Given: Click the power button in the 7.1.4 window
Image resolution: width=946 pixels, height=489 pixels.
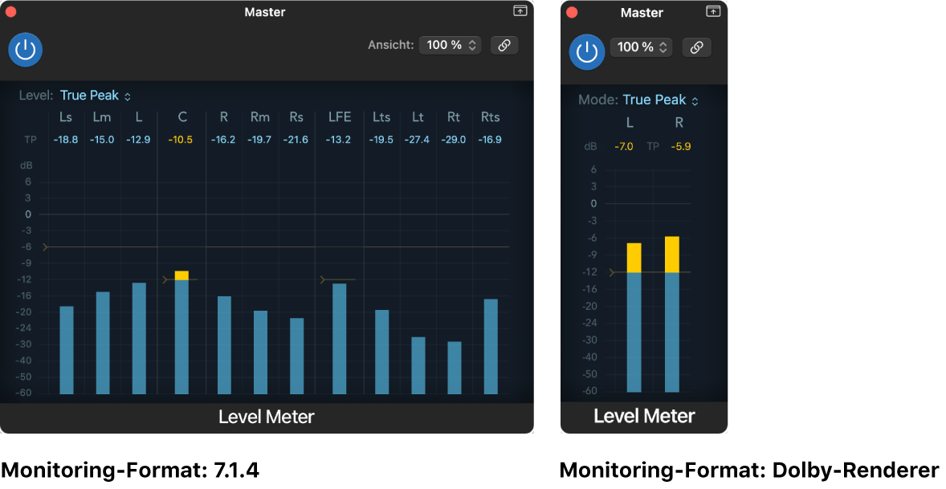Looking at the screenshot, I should click(x=26, y=50).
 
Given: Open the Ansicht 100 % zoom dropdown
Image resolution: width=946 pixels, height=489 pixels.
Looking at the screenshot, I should click(x=449, y=45).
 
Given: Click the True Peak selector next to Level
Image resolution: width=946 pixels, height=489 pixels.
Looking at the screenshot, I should click(x=94, y=96).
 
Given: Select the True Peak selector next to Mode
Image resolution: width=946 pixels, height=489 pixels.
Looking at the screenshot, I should click(x=659, y=100).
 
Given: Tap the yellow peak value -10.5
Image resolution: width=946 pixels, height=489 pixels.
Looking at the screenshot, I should click(x=181, y=140).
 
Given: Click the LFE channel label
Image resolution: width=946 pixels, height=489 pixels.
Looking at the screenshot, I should click(x=339, y=117).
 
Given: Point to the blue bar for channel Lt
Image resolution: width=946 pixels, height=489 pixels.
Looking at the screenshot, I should click(x=418, y=365).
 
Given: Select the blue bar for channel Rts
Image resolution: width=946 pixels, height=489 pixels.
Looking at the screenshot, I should click(x=491, y=346).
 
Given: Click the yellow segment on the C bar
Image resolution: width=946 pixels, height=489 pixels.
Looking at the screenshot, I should click(x=181, y=275).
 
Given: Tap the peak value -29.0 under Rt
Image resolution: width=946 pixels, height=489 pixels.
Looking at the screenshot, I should click(x=455, y=140).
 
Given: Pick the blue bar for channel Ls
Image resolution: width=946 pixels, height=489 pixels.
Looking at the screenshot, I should click(x=67, y=350).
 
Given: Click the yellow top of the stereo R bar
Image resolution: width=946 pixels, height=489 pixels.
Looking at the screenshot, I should click(x=672, y=255).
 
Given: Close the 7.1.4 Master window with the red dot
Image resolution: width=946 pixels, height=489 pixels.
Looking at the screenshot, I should click(x=11, y=12).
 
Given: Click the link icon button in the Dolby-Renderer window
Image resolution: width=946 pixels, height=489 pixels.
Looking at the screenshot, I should click(x=696, y=47).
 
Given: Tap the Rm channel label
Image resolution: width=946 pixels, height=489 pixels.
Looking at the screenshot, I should click(x=259, y=117).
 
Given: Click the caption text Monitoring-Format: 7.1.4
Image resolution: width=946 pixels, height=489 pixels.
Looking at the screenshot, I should click(x=130, y=470).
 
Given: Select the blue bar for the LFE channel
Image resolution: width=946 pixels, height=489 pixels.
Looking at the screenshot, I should click(x=339, y=338).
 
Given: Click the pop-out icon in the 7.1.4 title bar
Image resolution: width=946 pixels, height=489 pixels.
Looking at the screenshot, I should click(x=520, y=11).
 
